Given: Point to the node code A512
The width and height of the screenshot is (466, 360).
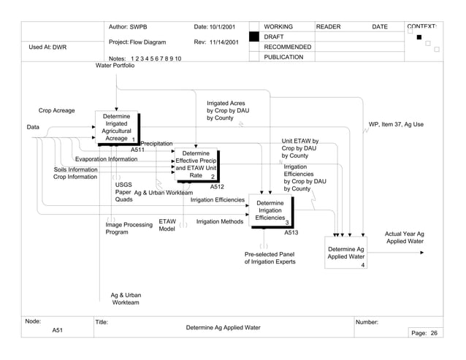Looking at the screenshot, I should [217, 187].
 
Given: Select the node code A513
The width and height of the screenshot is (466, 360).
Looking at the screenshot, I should [291, 232].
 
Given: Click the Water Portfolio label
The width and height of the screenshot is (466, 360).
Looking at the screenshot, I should [115, 66].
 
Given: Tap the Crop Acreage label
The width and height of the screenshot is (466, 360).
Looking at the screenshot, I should [57, 111].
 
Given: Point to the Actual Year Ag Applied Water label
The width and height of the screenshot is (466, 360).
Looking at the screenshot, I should [405, 237].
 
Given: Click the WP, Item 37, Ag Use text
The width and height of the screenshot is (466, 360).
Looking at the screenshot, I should [396, 124].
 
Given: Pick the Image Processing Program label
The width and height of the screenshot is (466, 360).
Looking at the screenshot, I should [129, 229].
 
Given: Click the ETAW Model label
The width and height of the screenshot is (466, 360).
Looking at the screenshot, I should [167, 225].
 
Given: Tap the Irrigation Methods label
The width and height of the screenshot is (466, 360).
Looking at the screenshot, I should [220, 221].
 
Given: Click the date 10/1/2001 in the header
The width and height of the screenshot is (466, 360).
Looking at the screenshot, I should [214, 27].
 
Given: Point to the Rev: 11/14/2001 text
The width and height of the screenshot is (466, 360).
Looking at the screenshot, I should [216, 42].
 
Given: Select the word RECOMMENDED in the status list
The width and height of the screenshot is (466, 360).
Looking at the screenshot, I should [287, 47].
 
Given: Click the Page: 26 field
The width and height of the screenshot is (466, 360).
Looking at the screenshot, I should [424, 333].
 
